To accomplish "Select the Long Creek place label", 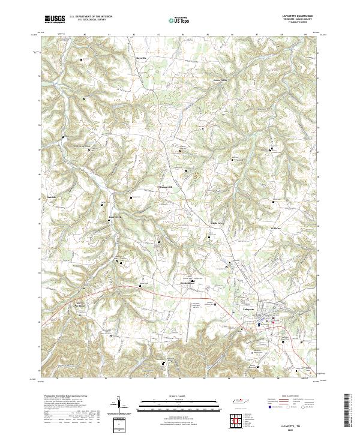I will pyautogui.click(x=115, y=217).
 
